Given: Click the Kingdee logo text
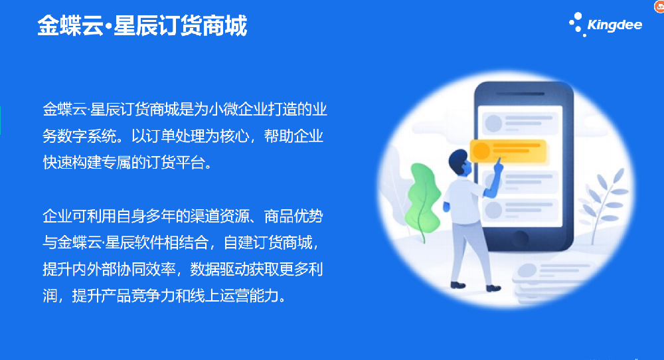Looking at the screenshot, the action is [x=614, y=25].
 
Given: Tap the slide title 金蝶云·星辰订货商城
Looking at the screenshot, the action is [x=142, y=26].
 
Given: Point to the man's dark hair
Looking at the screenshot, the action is [x=458, y=159].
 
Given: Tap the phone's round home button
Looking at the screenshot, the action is [x=520, y=237].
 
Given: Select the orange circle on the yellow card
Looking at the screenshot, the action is [x=481, y=151].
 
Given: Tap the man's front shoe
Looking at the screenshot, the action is [x=493, y=288].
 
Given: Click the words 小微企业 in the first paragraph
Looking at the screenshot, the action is [x=239, y=110].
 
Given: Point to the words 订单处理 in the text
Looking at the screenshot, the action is [x=175, y=136].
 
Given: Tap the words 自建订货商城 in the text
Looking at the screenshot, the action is [x=268, y=242].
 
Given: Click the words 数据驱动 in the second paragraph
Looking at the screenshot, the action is [x=220, y=270].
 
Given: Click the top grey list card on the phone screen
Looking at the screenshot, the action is [x=520, y=122].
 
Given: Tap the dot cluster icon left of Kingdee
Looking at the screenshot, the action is [x=576, y=25].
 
